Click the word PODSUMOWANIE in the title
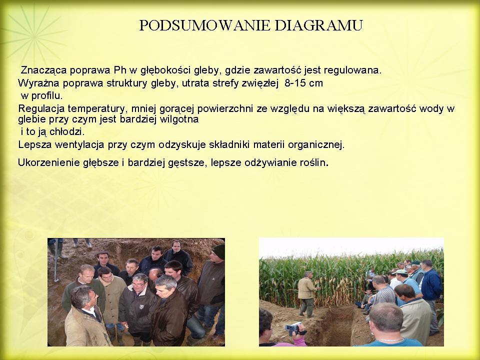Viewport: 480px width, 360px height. pyautogui.click(x=204, y=25)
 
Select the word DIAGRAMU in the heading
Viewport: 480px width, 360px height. pyautogui.click(x=318, y=25)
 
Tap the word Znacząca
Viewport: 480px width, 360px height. pyautogui.click(x=43, y=70)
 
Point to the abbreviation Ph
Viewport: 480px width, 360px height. pyautogui.click(x=119, y=70)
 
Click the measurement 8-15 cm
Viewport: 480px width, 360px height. pyautogui.click(x=303, y=83)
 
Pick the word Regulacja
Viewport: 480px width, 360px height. pyautogui.click(x=41, y=108)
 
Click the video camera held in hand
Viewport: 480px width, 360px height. pyautogui.click(x=295, y=328)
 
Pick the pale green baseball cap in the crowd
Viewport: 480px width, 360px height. pyautogui.click(x=401, y=272)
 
